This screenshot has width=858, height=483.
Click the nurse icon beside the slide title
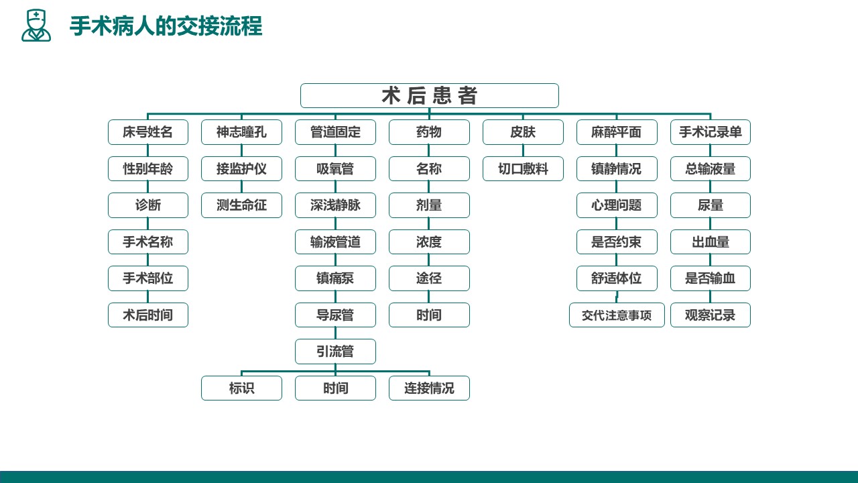(36, 25)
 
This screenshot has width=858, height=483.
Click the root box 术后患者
(430, 95)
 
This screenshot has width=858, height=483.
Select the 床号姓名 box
(148, 132)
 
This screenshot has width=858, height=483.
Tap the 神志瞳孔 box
(241, 132)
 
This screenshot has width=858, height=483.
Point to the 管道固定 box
(335, 132)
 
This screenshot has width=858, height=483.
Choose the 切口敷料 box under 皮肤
(523, 168)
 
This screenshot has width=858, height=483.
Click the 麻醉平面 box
(617, 132)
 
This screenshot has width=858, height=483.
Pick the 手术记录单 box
(710, 132)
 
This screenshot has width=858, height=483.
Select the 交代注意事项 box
(617, 315)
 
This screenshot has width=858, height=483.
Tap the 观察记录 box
(710, 315)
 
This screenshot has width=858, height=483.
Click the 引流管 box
(335, 352)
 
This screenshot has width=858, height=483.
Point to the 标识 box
(241, 388)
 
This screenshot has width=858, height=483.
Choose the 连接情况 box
(429, 388)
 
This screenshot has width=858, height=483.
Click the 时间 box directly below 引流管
(335, 388)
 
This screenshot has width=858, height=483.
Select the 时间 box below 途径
(429, 315)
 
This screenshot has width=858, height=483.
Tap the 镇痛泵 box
(335, 278)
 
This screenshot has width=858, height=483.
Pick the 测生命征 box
(241, 205)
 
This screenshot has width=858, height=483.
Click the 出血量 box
(710, 242)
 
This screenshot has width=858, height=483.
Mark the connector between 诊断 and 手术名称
(148, 224)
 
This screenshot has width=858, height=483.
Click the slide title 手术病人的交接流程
(166, 26)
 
